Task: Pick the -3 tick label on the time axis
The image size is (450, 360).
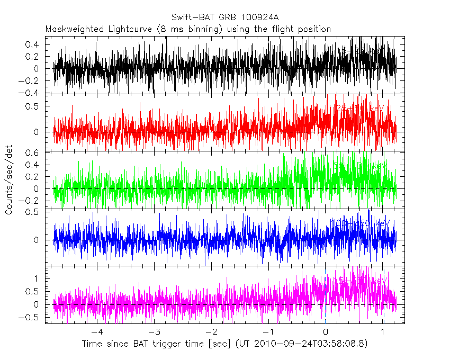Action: (154, 332)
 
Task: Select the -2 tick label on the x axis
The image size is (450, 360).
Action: (211, 332)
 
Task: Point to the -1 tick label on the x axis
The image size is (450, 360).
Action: (268, 332)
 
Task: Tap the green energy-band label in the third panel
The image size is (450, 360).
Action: (360, 166)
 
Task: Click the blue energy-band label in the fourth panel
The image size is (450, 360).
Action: (360, 223)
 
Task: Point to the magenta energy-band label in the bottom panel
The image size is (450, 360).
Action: (360, 281)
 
